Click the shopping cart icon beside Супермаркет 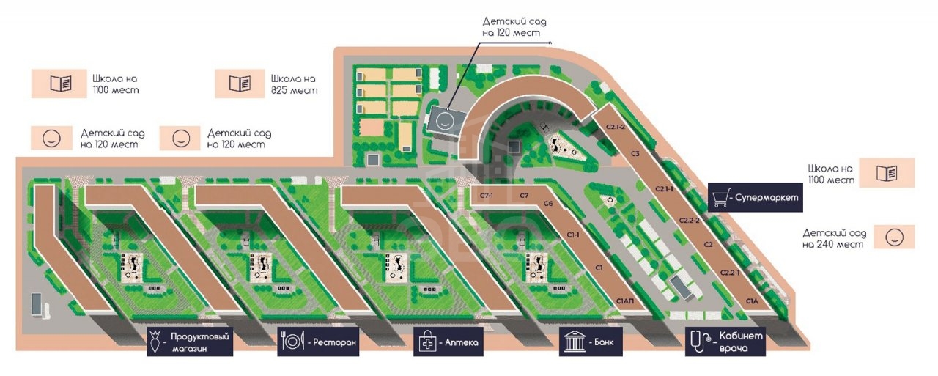coord(720,198)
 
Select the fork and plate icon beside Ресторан coord(292,342)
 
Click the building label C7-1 coord(487,196)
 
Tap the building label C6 coord(548,204)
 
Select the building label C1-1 coord(573,235)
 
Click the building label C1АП coord(625,301)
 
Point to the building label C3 coord(635,154)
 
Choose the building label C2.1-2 coord(616,127)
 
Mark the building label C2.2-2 coord(690,220)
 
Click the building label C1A coord(752,301)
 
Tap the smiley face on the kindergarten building coord(445,121)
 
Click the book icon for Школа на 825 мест coord(240,84)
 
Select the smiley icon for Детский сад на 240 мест coord(895,237)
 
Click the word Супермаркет coord(767,198)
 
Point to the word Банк coord(603,342)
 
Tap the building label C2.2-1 coord(730,273)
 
